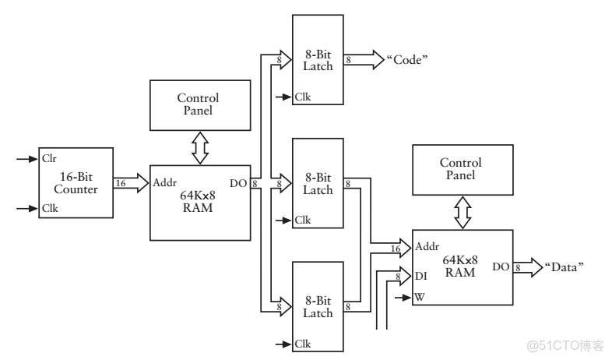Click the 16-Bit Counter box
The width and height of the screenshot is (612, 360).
click(x=76, y=182)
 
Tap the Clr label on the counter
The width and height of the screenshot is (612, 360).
click(x=50, y=158)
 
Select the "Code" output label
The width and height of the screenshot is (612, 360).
click(x=408, y=59)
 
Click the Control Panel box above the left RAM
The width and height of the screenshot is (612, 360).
click(x=198, y=104)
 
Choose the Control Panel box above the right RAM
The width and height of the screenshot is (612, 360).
click(x=461, y=169)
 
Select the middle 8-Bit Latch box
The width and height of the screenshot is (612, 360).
click(x=318, y=183)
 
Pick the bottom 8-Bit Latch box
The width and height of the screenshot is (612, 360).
click(x=318, y=306)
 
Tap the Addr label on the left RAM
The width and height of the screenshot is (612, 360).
click(x=165, y=184)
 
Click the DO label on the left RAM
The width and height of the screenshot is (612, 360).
click(x=238, y=184)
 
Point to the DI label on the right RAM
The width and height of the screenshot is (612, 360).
click(x=422, y=275)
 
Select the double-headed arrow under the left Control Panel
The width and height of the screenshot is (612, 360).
click(x=199, y=146)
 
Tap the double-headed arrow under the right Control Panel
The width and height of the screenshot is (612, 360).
click(x=462, y=211)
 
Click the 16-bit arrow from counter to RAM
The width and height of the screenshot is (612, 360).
click(x=130, y=183)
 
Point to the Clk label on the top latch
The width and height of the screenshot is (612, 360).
click(x=303, y=97)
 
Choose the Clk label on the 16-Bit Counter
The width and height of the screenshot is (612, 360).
click(x=50, y=208)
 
